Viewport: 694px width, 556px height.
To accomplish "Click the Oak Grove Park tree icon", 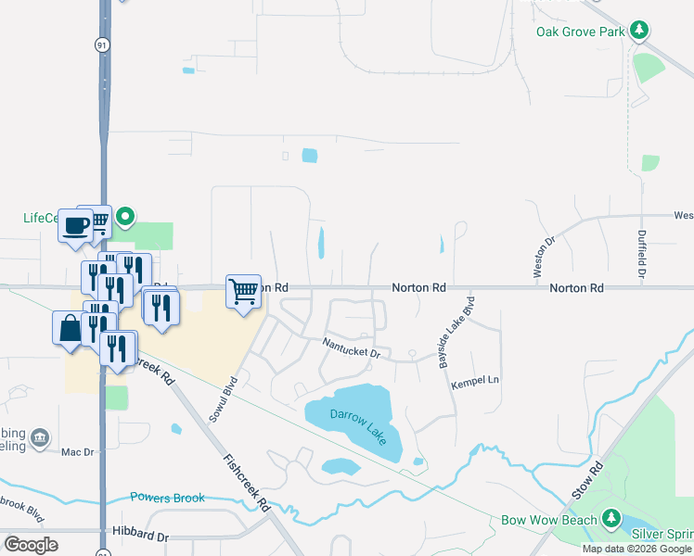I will (x=638, y=31).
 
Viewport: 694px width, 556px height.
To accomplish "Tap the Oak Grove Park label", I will (x=580, y=32).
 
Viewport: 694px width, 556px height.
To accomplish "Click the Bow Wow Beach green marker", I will (x=610, y=519).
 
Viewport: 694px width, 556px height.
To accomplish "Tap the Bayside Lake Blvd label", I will (x=456, y=333).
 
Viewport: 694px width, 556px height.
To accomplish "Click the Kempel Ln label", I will (x=475, y=381).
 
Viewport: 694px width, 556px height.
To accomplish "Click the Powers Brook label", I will (x=167, y=498).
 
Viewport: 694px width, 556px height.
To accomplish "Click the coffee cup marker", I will (x=75, y=225).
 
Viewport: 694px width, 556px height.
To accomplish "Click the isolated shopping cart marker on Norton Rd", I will (x=244, y=291).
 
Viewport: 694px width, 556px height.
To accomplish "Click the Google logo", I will (x=31, y=545).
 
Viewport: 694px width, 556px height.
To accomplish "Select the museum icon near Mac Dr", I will (x=40, y=437).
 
